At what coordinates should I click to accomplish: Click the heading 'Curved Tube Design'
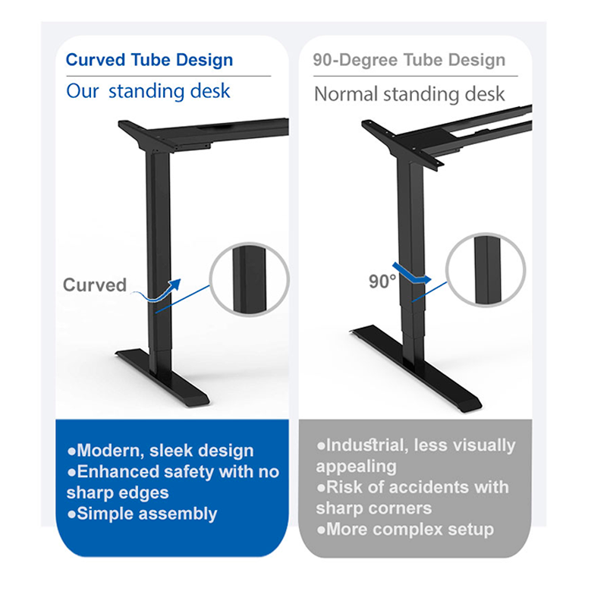tap(149, 61)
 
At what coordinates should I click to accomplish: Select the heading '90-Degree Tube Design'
tap(410, 61)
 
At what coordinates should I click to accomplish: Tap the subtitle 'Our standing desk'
tap(148, 92)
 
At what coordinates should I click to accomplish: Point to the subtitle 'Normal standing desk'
tap(409, 95)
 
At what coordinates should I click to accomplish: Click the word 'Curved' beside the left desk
tap(95, 285)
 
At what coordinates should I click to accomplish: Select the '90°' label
tap(383, 281)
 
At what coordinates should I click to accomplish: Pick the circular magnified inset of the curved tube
tap(248, 278)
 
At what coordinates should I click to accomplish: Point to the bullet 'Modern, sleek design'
tap(161, 451)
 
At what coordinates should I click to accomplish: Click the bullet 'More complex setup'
tap(405, 529)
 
